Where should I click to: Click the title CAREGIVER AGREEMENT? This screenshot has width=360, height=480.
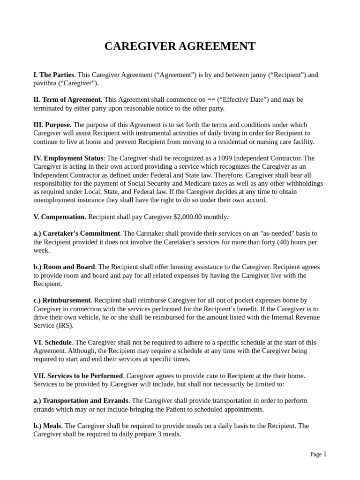(180, 46)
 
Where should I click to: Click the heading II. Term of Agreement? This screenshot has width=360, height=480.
(67, 100)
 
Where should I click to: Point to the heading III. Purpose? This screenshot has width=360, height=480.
(52, 125)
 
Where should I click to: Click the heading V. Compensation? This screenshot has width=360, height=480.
(59, 217)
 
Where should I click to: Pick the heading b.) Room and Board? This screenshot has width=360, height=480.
(64, 267)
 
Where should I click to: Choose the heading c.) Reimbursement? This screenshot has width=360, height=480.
(62, 300)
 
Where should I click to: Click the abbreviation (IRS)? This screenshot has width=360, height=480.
(64, 326)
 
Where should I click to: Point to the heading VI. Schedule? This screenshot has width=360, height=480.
(52, 343)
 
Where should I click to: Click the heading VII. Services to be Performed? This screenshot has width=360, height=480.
(78, 376)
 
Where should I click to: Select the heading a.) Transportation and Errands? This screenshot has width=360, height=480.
(81, 401)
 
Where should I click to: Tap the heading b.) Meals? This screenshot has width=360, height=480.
(47, 426)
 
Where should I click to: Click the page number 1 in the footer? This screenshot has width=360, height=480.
(325, 454)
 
